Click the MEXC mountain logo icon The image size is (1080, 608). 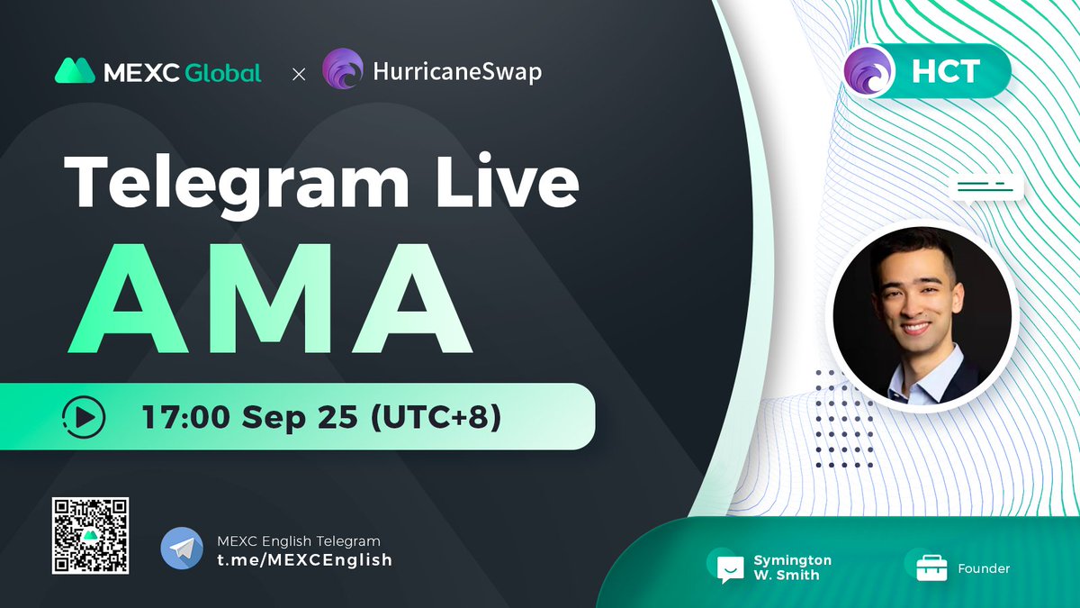click(x=76, y=71)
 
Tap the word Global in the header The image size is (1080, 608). click(x=223, y=72)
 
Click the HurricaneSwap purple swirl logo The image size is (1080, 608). click(x=342, y=70)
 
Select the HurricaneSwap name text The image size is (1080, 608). click(x=457, y=72)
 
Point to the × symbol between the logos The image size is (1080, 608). click(x=299, y=73)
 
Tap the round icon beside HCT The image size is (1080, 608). click(x=870, y=71)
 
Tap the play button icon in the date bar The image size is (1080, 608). click(x=84, y=417)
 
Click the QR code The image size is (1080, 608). click(x=90, y=536)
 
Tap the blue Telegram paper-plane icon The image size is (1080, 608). click(x=182, y=549)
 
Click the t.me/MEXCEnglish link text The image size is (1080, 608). click(x=305, y=559)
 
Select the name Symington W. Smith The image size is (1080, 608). click(x=792, y=567)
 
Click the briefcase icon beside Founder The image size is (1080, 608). click(x=932, y=567)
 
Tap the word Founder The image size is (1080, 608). click(x=984, y=568)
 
